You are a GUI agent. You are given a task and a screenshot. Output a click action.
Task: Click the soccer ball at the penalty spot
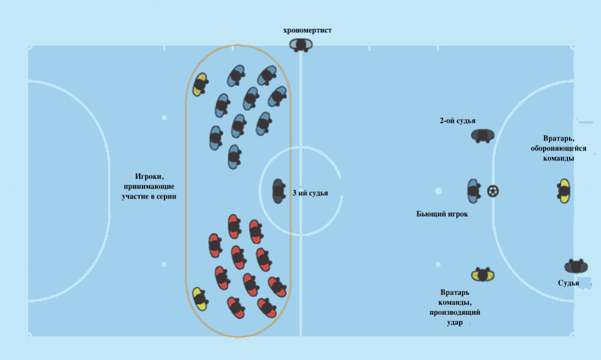[493, 191]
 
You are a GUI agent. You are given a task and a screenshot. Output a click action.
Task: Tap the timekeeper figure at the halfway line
[301, 45]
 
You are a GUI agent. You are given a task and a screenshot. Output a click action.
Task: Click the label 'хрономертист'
[308, 30]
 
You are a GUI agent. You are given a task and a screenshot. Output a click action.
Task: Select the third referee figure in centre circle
[278, 191]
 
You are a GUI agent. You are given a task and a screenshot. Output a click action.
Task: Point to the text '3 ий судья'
[310, 193]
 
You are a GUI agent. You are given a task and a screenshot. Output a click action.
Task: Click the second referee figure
[482, 136]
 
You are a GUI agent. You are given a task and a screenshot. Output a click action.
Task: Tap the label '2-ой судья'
[457, 121]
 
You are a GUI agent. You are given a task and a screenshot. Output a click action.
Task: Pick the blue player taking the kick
[474, 191]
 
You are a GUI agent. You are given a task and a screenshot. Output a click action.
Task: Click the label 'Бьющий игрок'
[442, 214]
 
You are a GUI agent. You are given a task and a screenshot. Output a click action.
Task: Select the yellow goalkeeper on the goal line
[564, 191]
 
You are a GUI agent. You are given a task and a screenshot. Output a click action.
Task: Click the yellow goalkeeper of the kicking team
[482, 275]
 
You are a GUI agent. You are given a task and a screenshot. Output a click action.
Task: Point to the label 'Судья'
[568, 283]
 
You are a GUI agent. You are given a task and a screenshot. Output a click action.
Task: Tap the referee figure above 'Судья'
[576, 266]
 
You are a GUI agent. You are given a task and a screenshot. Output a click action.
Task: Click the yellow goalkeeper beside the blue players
[200, 84]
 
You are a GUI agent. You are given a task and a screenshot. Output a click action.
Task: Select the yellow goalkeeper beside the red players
[200, 299]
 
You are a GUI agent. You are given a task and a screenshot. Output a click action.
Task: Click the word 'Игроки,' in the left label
[149, 176]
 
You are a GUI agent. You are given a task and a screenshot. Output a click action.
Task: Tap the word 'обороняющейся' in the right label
[559, 148]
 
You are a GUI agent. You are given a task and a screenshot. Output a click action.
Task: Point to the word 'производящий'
[454, 313]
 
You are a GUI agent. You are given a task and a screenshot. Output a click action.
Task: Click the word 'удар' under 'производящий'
[454, 323]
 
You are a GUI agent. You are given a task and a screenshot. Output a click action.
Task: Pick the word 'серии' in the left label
[167, 196]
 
